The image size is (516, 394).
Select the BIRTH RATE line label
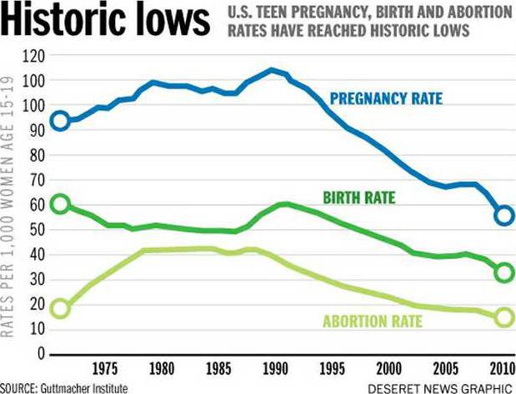click(x=359, y=197)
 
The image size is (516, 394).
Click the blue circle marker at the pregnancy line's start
click(x=59, y=121)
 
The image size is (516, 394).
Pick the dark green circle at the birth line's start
click(x=59, y=204)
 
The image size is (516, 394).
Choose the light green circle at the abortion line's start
click(x=59, y=308)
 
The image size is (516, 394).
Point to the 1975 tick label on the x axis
click(x=104, y=369)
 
